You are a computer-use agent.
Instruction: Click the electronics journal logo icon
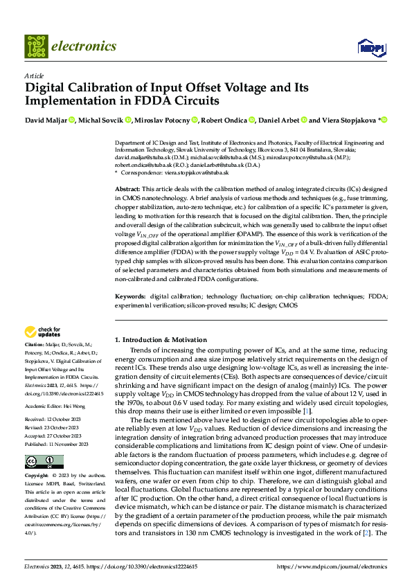click(36, 46)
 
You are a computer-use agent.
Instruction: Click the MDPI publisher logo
click(370, 47)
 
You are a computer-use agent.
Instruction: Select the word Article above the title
click(34, 75)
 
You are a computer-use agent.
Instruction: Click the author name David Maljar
click(46, 120)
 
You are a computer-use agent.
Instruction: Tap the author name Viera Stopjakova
click(349, 120)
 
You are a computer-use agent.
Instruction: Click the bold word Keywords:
click(129, 296)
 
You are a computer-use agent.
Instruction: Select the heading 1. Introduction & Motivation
click(160, 340)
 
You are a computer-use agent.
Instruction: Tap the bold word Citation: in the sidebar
click(34, 344)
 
